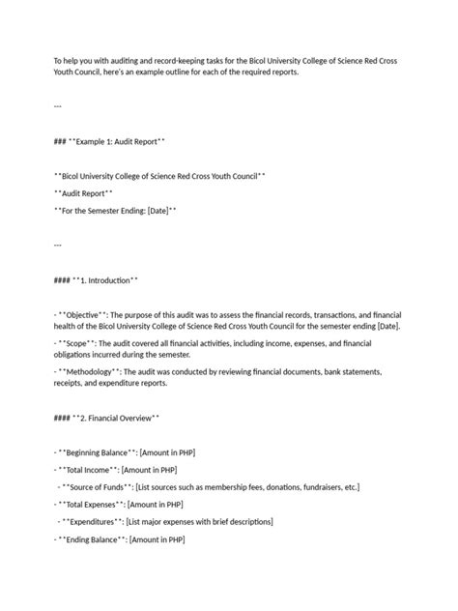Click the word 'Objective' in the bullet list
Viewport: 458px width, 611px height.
(x=86, y=314)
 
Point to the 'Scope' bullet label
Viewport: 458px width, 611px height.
(x=79, y=343)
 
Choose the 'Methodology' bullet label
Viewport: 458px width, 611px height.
(x=93, y=372)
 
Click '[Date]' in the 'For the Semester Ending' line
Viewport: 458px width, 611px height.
(x=157, y=210)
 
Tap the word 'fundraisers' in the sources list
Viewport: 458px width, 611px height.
(x=308, y=487)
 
